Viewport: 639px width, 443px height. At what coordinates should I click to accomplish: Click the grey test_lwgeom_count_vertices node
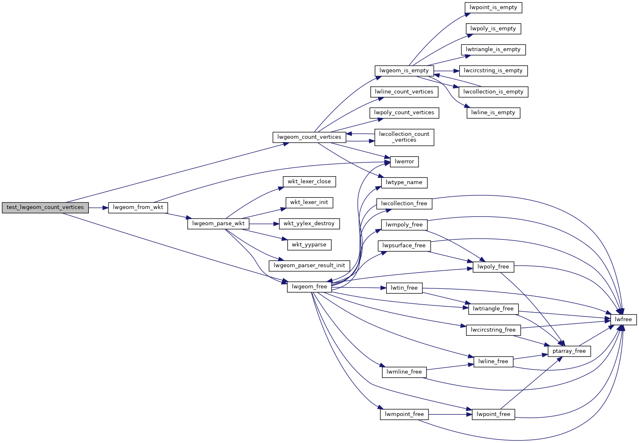coord(45,207)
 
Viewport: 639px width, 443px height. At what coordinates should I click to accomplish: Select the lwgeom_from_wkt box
coord(138,207)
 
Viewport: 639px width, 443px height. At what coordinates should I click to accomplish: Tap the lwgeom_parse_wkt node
coord(218,224)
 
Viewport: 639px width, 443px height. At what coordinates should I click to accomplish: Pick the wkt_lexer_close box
coord(309,182)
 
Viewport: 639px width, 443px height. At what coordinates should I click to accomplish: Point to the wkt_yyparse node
coord(309,245)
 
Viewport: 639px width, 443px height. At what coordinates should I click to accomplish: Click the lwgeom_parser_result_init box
coord(309,266)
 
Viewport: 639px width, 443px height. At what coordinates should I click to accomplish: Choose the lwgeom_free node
coord(309,287)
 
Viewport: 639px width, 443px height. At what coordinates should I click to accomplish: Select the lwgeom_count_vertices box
coord(309,137)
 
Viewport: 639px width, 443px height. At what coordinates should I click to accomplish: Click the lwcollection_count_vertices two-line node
coord(404,137)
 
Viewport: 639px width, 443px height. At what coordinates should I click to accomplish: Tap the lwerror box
coord(404,162)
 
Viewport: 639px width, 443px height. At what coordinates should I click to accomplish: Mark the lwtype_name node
coord(404,182)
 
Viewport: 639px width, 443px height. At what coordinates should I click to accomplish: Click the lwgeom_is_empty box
coord(404,71)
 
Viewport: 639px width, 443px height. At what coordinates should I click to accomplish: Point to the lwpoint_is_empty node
coord(493,7)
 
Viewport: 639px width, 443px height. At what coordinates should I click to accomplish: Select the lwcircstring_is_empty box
coord(493,71)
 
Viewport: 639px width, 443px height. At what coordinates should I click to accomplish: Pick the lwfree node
coord(623,320)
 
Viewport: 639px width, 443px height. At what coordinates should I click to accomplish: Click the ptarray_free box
coord(569,351)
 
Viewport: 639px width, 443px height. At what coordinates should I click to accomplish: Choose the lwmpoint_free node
coord(404,414)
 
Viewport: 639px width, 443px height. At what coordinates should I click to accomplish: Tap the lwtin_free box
coord(404,288)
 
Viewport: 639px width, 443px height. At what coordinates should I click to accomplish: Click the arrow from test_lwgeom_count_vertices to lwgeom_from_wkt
coord(98,207)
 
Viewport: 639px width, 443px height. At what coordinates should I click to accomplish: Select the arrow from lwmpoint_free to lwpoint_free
coord(450,414)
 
